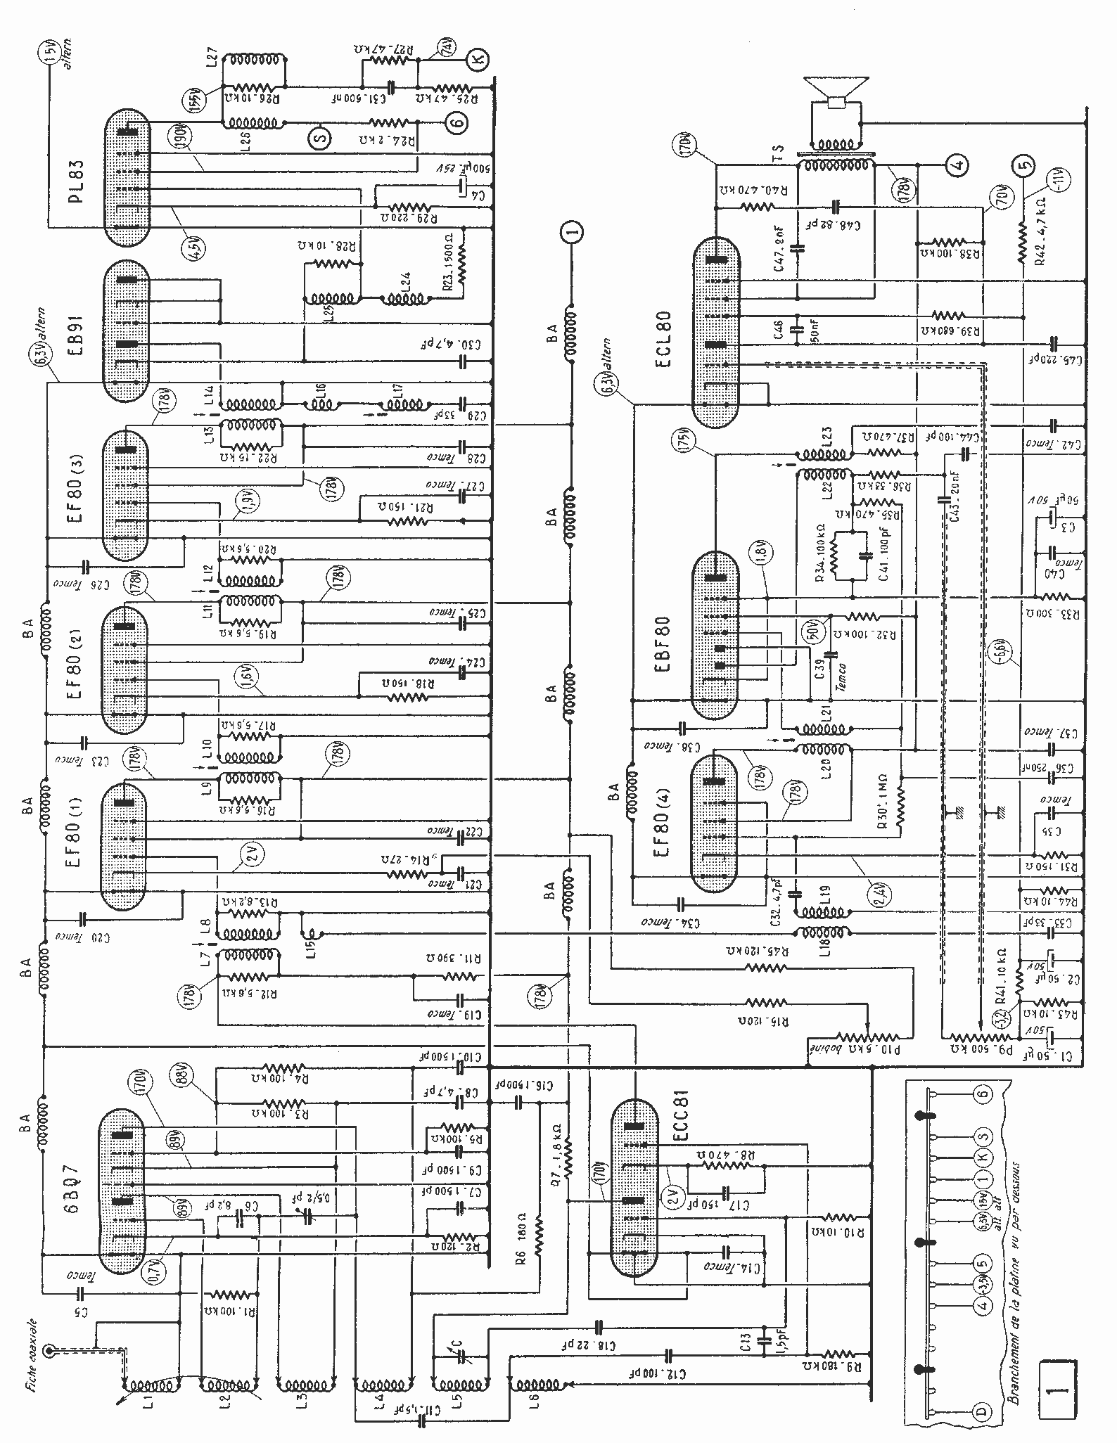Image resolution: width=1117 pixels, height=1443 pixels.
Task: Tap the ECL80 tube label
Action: pyautogui.click(x=665, y=338)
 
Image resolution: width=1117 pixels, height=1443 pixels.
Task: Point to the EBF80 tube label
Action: pyautogui.click(x=663, y=644)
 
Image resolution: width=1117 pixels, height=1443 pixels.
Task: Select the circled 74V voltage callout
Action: pyautogui.click(x=447, y=47)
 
